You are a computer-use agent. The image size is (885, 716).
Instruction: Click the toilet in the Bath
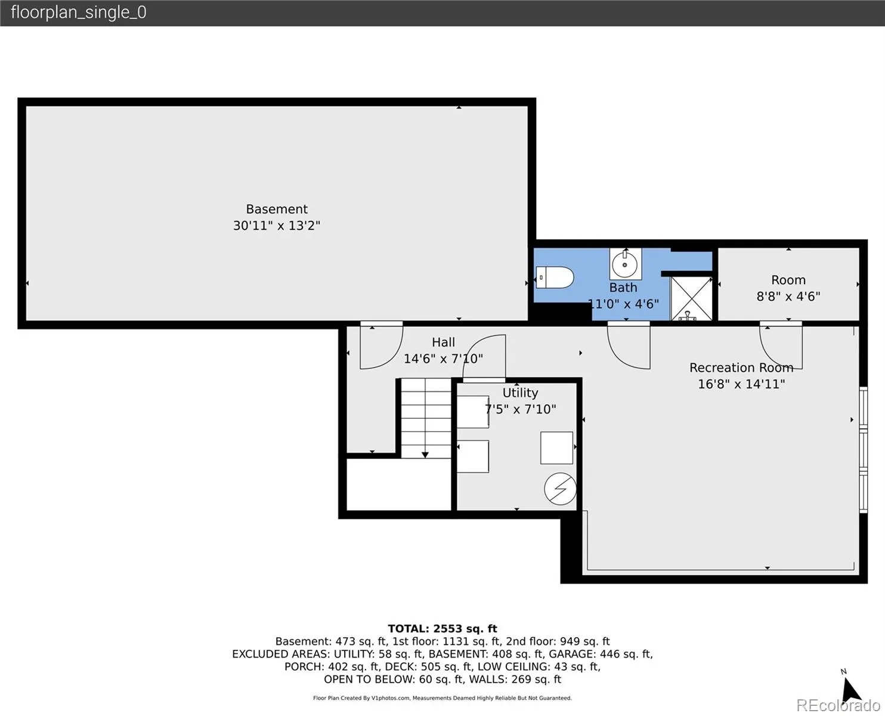tap(555, 277)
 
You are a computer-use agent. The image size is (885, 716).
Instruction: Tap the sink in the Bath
tap(626, 264)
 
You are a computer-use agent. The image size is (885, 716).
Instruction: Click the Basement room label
tap(277, 209)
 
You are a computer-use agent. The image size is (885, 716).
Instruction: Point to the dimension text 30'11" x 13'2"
tap(277, 226)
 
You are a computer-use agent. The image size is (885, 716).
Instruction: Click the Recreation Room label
tap(741, 368)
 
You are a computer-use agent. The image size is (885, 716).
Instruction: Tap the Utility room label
tap(520, 393)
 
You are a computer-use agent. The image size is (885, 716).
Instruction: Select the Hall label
tap(443, 342)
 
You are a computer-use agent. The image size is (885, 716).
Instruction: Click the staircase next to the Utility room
tap(426, 418)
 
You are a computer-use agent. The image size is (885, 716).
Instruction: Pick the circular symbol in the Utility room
tap(560, 489)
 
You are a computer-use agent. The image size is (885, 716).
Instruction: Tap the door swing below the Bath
tap(629, 345)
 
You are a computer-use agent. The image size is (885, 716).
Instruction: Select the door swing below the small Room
tap(781, 345)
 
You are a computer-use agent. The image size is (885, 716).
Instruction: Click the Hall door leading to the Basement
tap(382, 345)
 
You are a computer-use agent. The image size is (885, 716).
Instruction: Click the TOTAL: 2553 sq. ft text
tap(442, 628)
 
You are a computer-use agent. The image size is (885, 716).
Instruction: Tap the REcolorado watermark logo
tap(838, 705)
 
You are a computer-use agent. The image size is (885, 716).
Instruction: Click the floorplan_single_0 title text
tap(79, 13)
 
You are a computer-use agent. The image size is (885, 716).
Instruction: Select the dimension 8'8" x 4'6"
tap(788, 297)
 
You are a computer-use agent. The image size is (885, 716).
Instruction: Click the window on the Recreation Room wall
tap(864, 450)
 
